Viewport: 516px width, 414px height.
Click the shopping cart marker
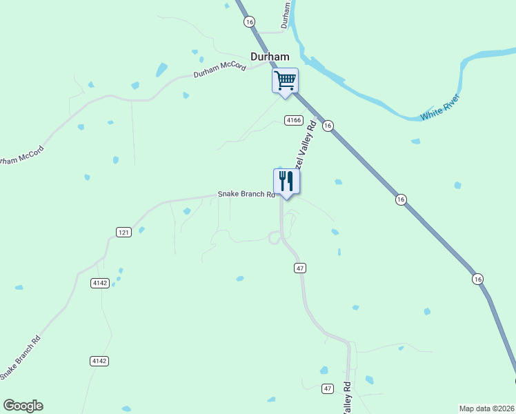pos(285,81)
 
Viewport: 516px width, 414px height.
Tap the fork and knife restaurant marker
pos(286,182)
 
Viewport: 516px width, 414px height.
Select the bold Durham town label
pos(270,57)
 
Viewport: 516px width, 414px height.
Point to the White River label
pos(440,108)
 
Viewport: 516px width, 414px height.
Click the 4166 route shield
pos(294,120)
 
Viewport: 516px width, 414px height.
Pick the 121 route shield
pos(123,233)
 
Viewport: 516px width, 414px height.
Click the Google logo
pos(23,406)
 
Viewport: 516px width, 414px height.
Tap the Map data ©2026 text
pos(487,408)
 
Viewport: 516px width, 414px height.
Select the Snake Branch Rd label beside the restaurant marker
pos(246,195)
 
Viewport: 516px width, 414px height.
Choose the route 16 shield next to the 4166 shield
pos(328,126)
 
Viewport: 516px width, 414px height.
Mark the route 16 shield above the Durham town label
pos(249,22)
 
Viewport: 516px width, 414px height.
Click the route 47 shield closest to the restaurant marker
pos(299,268)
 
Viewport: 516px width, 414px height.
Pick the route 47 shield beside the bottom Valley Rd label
pos(328,389)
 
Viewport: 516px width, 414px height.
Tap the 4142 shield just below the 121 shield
pos(99,283)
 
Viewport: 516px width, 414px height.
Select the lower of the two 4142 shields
pos(99,361)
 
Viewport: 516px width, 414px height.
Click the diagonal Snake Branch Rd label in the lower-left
pos(21,357)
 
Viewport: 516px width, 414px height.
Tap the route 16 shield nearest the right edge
pos(478,279)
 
